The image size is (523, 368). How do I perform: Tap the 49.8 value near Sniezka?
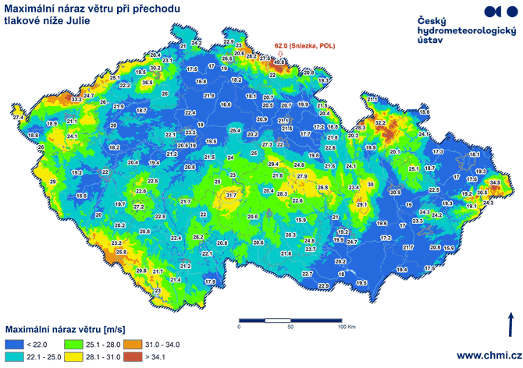(279, 62)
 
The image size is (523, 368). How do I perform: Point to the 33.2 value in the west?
(76, 101)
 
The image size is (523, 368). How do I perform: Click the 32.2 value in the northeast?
(381, 123)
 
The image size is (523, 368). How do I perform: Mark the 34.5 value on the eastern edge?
(495, 183)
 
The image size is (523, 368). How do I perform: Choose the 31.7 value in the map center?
(231, 195)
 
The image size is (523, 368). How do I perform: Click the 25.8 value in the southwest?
(121, 253)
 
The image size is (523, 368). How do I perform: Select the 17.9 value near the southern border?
(210, 281)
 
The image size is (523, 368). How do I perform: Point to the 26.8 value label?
(322, 189)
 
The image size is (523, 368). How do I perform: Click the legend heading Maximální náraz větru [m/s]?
(66, 328)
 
